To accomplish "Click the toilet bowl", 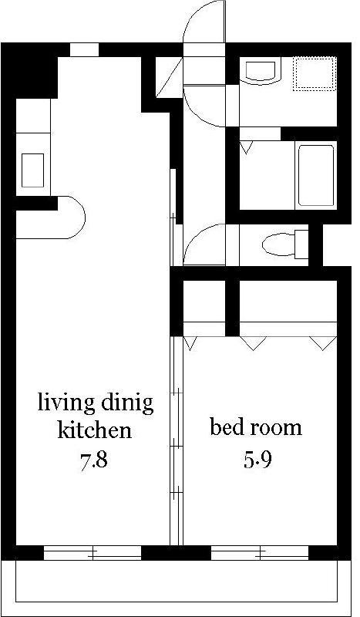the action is coord(279,244).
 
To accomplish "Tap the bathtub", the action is coord(316,176).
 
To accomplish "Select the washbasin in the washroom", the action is coord(260,71).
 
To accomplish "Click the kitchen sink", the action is coord(32,170).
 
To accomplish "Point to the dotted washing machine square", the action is coord(315,73).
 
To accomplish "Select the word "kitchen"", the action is coord(94,430).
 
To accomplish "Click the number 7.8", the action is coord(94,460).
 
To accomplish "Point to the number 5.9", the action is coord(257,460).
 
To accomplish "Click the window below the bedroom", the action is coord(260,553).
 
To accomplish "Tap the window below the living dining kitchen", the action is coord(92,553).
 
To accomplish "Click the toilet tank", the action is coord(301,244).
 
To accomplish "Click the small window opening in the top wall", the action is coord(84,49).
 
